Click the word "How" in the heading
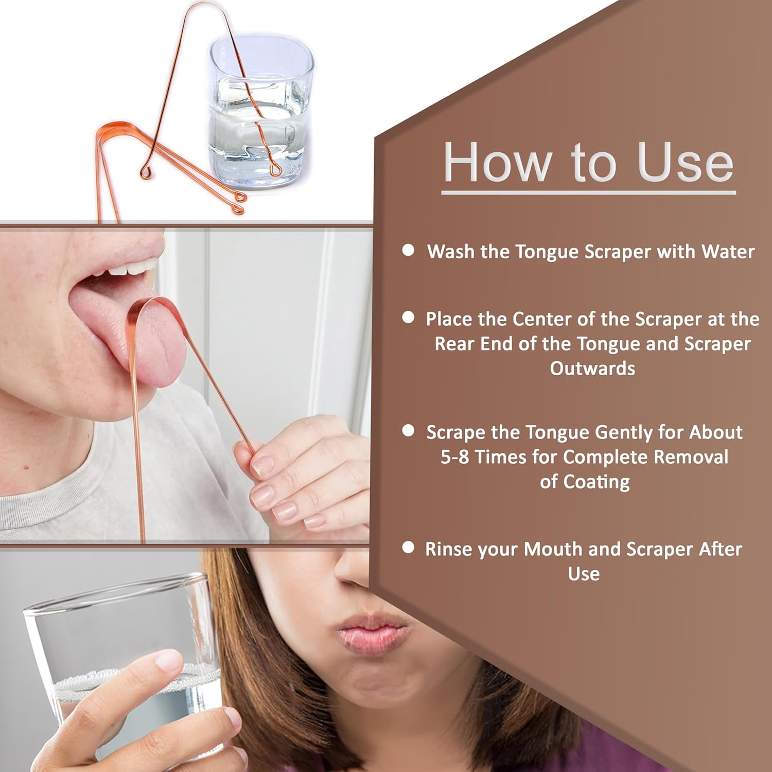coord(497,163)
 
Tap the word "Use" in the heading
coord(685,163)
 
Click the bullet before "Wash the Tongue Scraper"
coord(408,250)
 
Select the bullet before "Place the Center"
coord(408,317)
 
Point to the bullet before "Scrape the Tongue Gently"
coord(408,430)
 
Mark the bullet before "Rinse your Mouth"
coord(408,547)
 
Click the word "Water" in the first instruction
coord(728,252)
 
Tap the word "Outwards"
coord(592,369)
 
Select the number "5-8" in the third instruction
coord(454,457)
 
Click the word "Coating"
coord(596,482)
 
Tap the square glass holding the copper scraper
coord(260,111)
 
